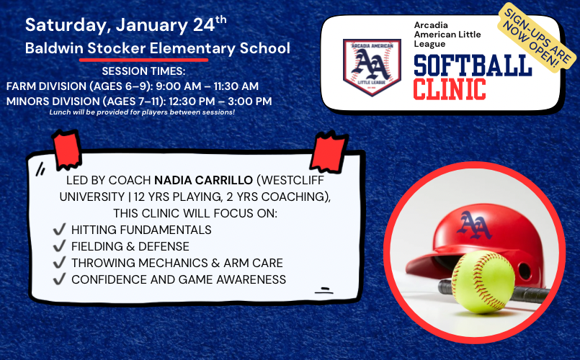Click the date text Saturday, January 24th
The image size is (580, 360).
(125, 24)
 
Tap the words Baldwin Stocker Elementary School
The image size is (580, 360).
(157, 49)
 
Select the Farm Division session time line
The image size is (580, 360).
(132, 86)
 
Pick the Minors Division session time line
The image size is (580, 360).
(138, 101)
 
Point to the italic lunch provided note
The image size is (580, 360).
(142, 113)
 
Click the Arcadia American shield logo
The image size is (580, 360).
(372, 67)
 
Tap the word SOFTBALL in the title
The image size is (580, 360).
(472, 66)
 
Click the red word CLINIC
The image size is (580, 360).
(449, 89)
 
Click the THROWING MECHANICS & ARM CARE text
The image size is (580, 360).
(177, 263)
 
